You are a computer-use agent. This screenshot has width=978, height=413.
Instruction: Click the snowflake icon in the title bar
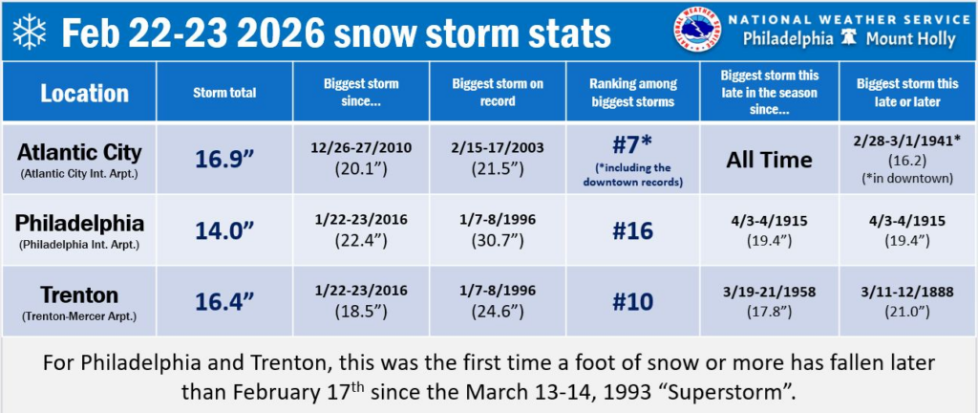(x=30, y=32)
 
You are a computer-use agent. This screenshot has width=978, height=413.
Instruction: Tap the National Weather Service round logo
(x=696, y=30)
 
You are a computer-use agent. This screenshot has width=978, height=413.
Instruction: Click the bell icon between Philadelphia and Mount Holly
(x=849, y=38)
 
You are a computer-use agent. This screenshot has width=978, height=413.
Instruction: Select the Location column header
(x=85, y=94)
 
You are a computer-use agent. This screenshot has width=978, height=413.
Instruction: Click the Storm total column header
(x=224, y=93)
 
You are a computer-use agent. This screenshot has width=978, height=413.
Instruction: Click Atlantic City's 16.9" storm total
(x=223, y=161)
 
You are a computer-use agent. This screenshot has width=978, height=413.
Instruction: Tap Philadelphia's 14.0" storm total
(x=223, y=230)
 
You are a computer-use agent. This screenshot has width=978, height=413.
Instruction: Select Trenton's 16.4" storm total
(x=223, y=301)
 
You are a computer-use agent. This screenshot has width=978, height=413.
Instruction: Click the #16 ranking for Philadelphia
(x=632, y=230)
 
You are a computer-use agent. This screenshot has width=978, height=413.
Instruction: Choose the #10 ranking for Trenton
(x=632, y=301)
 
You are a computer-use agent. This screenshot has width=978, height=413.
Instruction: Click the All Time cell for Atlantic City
(x=769, y=161)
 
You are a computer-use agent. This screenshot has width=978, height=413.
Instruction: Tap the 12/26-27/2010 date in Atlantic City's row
(x=360, y=148)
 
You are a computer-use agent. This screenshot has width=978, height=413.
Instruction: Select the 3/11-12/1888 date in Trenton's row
(x=907, y=292)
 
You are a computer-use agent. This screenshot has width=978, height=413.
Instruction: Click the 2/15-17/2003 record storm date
(x=498, y=148)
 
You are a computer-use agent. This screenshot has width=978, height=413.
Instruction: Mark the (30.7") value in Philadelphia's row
(x=498, y=240)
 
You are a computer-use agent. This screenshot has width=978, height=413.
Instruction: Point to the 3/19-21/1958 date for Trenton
(x=769, y=292)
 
